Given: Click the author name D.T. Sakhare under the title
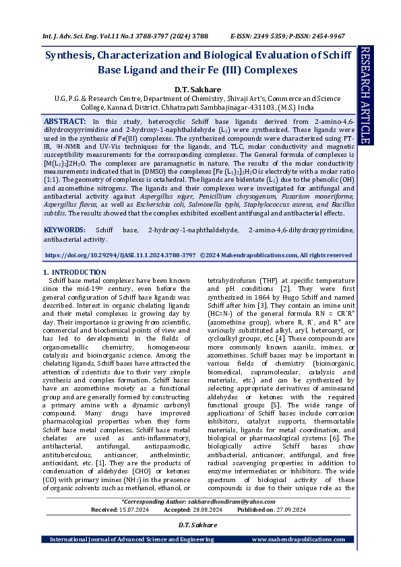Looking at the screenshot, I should click(x=193, y=89).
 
